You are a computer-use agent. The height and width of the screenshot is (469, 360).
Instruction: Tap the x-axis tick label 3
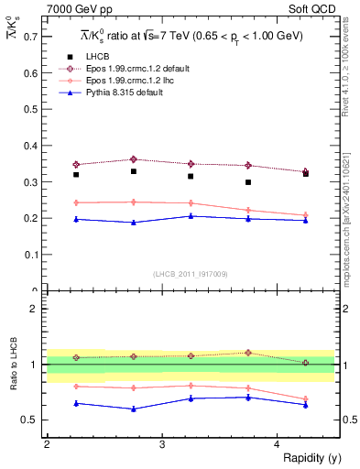pyautogui.click(x=161, y=443)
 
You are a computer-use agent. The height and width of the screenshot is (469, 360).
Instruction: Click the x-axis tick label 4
pyautogui.click(x=277, y=443)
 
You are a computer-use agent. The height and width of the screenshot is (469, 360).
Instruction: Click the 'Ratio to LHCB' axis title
pyautogui.click(x=12, y=365)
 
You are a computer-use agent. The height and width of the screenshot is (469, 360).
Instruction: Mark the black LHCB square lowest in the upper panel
pyautogui.click(x=248, y=182)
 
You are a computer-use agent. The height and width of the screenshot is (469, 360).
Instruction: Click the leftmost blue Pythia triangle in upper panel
pyautogui.click(x=76, y=219)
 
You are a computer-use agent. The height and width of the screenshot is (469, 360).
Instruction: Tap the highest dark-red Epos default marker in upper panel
pyautogui.click(x=134, y=159)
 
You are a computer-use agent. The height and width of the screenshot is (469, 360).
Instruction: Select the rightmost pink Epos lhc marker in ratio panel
pyautogui.click(x=306, y=398)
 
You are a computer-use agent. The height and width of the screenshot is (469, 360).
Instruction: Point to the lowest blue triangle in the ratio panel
pyautogui.click(x=134, y=409)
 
